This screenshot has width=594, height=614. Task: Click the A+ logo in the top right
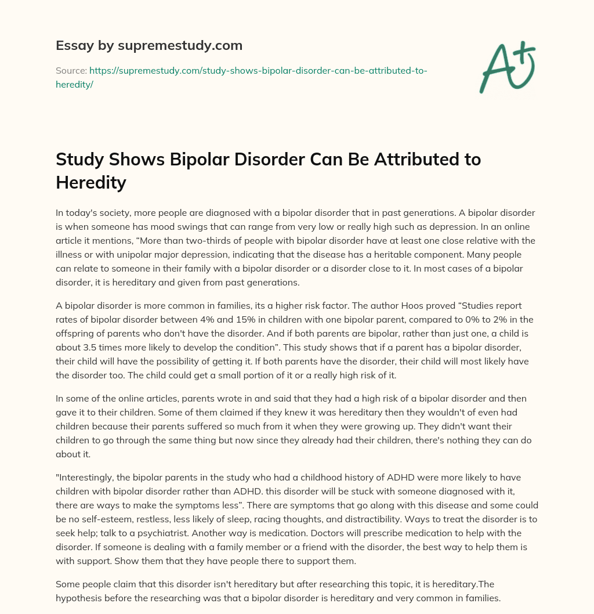coord(506,67)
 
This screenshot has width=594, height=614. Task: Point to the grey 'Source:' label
coord(71,70)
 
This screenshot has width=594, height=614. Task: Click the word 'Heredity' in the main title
coord(91,182)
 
